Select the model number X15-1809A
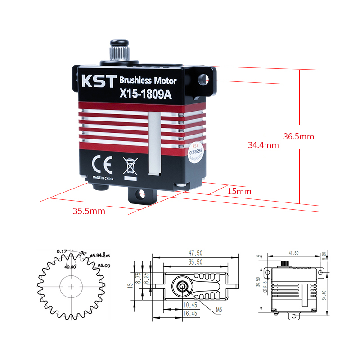(x=145, y=94)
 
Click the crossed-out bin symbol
(x=130, y=166)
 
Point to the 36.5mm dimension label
(x=298, y=136)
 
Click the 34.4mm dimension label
(x=263, y=145)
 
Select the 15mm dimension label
(x=239, y=191)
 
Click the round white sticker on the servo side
(x=196, y=152)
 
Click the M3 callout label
(x=219, y=310)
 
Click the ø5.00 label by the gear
(x=103, y=265)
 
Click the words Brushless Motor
(x=148, y=81)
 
